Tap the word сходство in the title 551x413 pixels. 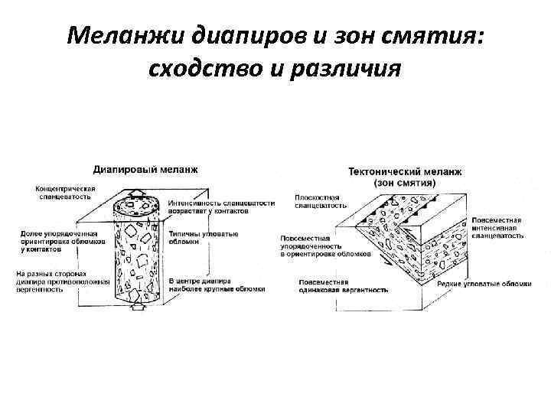click(197, 70)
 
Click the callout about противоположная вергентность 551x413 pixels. click(54, 281)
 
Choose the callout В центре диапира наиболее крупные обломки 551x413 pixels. click(217, 285)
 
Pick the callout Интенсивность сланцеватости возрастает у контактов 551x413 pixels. click(221, 207)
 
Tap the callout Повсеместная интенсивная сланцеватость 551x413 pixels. click(497, 228)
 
